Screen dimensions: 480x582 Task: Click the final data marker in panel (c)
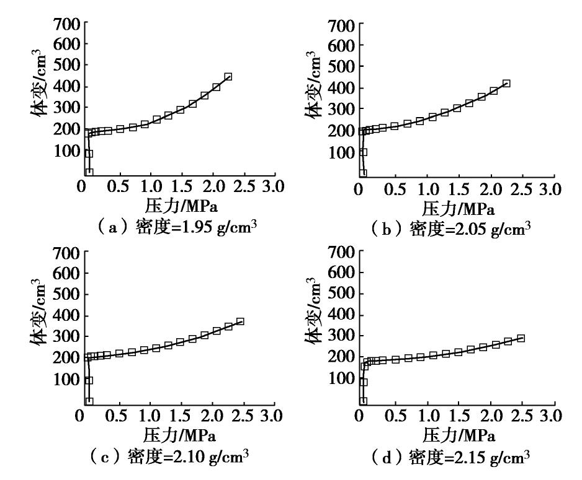coord(240,321)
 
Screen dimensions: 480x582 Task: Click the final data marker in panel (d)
coord(521,338)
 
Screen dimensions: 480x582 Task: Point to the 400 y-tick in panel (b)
coord(347,88)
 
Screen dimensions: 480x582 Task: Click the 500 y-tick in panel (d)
coord(347,294)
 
